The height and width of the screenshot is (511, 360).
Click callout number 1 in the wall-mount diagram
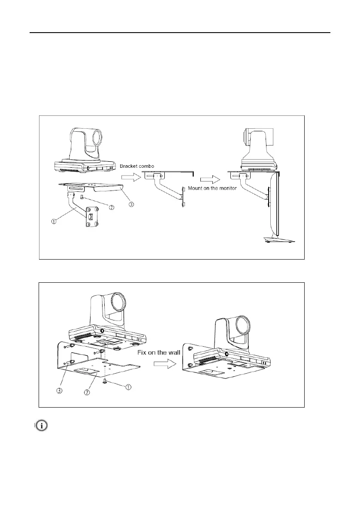[128, 387]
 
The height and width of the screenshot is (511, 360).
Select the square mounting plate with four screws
[91, 218]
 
